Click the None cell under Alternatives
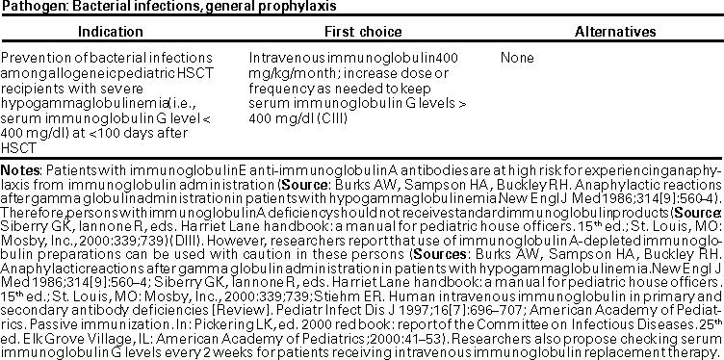pyautogui.click(x=517, y=58)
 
